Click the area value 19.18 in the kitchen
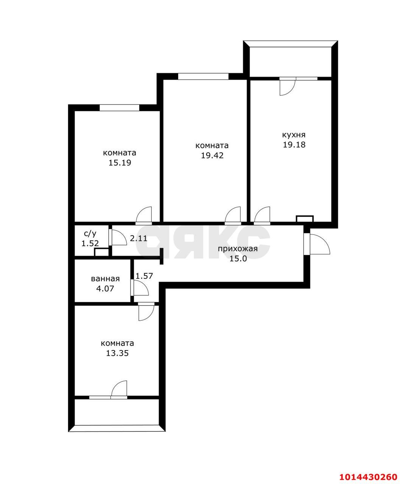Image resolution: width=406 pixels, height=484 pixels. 294,145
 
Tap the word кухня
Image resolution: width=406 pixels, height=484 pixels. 294,135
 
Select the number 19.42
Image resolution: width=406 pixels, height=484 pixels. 212,155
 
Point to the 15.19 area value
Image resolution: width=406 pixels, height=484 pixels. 120,163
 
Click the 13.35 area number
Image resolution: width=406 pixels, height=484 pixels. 117,353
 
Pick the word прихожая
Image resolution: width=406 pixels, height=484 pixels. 238,249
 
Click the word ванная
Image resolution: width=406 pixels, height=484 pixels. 105,279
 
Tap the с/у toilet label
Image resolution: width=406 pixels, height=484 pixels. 90,234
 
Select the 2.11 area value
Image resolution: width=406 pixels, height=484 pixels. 138,238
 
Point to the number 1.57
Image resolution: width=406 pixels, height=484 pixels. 144,276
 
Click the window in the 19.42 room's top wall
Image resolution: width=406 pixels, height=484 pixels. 203,76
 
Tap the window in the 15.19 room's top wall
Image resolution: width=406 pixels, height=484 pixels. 119,108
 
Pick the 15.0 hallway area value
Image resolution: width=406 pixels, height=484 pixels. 238,259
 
